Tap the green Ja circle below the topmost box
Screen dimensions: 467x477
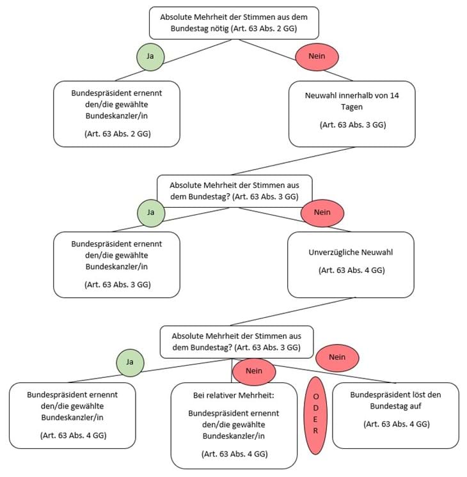coord(150,57)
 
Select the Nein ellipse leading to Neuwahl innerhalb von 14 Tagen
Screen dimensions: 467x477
coord(317,56)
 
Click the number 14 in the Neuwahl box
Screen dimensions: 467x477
coord(394,95)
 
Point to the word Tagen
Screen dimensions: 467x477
coord(352,107)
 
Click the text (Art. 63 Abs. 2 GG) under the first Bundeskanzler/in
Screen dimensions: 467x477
coord(118,134)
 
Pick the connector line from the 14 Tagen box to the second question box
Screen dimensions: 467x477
coord(293,161)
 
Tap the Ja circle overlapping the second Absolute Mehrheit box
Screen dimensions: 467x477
coord(151,213)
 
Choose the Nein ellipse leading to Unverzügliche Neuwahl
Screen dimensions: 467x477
coord(322,213)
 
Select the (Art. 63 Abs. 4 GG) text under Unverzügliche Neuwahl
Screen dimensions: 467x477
coord(352,270)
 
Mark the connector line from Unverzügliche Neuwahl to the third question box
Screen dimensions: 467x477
coord(292,311)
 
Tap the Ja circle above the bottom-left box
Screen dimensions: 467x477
coord(130,363)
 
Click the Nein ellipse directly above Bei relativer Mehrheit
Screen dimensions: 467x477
coord(254,371)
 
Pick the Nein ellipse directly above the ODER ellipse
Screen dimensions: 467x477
coord(337,357)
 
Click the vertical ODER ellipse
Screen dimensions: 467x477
coord(315,416)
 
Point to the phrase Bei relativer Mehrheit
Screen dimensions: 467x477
coord(233,395)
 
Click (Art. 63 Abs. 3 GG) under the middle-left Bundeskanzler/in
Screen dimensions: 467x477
coord(118,285)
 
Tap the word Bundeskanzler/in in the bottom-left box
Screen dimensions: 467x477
coord(72,418)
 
